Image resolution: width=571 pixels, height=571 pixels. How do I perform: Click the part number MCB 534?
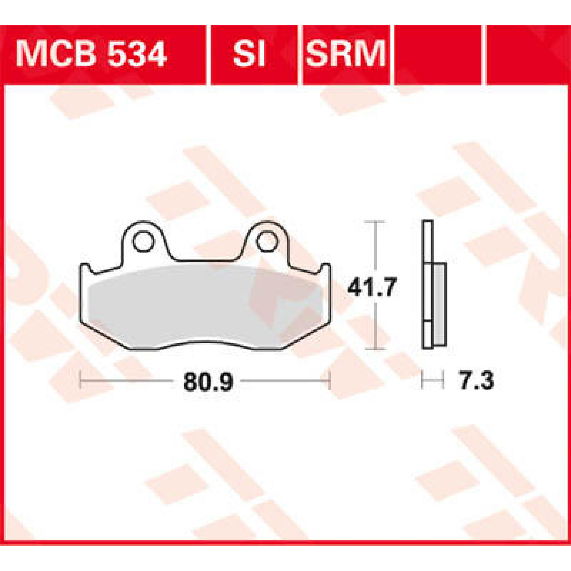click(x=91, y=54)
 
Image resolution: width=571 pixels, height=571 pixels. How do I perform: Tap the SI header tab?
click(x=248, y=54)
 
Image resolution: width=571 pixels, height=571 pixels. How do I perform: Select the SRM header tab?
click(x=345, y=54)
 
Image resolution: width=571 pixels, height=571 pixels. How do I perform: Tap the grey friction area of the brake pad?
click(x=205, y=305)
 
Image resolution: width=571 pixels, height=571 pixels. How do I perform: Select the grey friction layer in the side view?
click(x=439, y=305)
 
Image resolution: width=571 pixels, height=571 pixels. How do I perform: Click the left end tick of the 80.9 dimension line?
click(x=81, y=381)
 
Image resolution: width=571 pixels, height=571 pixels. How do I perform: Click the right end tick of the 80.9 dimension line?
click(x=329, y=381)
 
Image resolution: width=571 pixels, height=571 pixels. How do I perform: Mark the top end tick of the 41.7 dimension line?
click(x=376, y=222)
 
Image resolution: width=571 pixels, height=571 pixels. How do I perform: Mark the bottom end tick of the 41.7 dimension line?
click(x=376, y=349)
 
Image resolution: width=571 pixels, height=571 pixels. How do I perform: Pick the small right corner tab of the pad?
click(x=326, y=269)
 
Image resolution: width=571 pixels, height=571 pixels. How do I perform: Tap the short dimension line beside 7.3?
click(x=433, y=381)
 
